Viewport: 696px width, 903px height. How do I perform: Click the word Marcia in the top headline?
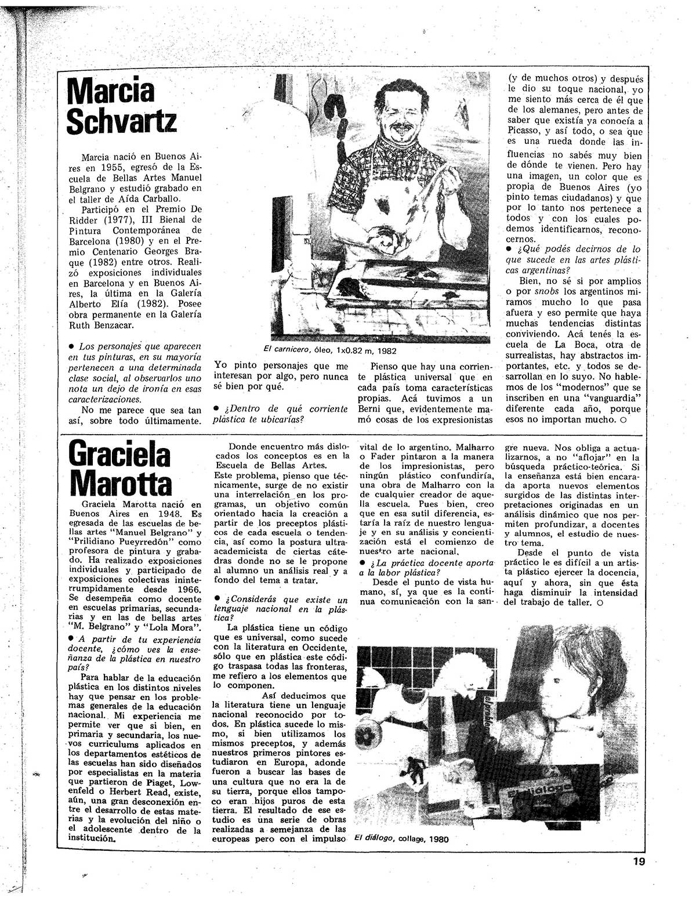point(111,91)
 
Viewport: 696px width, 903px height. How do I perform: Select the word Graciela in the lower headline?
point(119,454)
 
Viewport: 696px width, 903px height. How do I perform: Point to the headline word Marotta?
point(119,482)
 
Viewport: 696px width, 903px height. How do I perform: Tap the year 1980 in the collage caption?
point(438,839)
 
